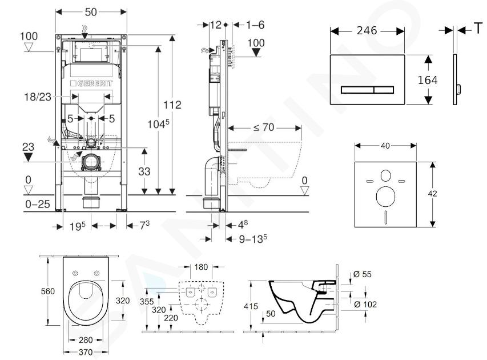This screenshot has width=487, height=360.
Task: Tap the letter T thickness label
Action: point(477,29)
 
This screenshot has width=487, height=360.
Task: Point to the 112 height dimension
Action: point(172,105)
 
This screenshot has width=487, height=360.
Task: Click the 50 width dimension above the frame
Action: point(91,12)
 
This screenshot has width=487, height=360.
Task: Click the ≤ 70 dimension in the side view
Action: point(264,127)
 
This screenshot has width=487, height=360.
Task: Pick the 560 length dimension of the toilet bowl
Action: point(48,291)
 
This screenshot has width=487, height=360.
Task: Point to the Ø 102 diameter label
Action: point(364,304)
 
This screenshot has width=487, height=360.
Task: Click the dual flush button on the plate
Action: point(368,89)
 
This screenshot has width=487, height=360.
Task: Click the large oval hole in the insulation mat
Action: point(385,198)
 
